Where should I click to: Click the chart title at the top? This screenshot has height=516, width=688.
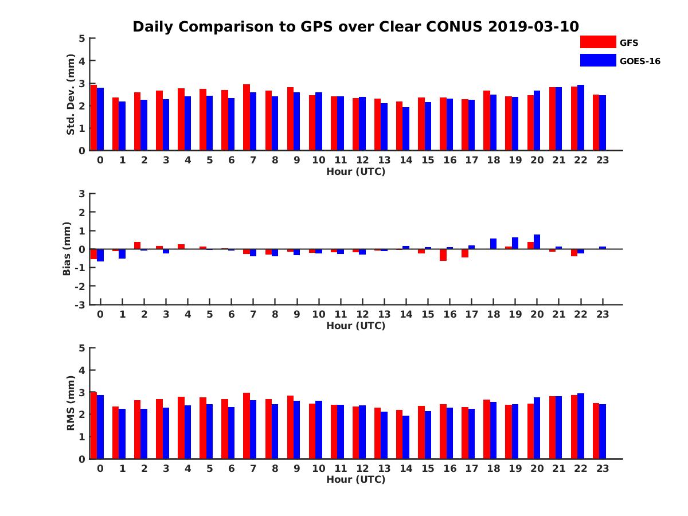[355, 27]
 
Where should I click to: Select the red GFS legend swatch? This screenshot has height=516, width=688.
[597, 42]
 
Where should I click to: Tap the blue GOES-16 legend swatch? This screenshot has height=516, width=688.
[597, 60]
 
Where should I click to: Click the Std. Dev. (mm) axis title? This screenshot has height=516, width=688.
[71, 94]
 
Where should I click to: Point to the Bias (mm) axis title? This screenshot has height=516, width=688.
[67, 248]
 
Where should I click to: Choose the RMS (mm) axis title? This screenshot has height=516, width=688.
[71, 402]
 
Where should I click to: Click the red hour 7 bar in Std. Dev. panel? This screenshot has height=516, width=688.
[247, 118]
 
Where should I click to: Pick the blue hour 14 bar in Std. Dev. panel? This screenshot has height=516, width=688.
[406, 129]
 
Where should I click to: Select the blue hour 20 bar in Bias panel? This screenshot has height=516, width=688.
[537, 242]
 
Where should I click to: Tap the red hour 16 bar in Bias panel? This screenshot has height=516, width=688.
[443, 255]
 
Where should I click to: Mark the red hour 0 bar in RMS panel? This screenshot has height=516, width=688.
[93, 425]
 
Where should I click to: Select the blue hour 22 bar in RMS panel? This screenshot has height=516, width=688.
[581, 426]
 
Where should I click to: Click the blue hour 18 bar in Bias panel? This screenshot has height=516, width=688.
[493, 244]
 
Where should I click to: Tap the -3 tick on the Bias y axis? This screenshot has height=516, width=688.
[80, 304]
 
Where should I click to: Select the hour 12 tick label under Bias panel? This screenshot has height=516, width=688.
[362, 314]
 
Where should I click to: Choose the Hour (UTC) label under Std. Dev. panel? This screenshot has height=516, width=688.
[355, 171]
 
